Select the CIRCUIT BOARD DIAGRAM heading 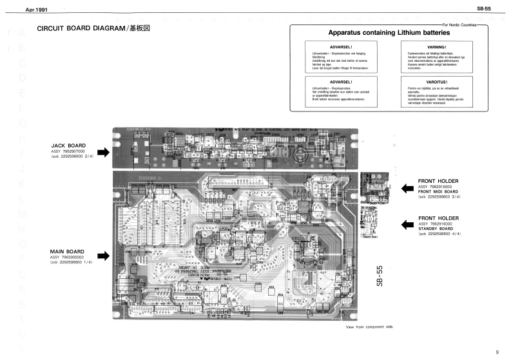(93, 30)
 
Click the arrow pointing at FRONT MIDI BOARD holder (407, 188)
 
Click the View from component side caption (370, 327)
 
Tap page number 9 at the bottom (497, 352)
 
